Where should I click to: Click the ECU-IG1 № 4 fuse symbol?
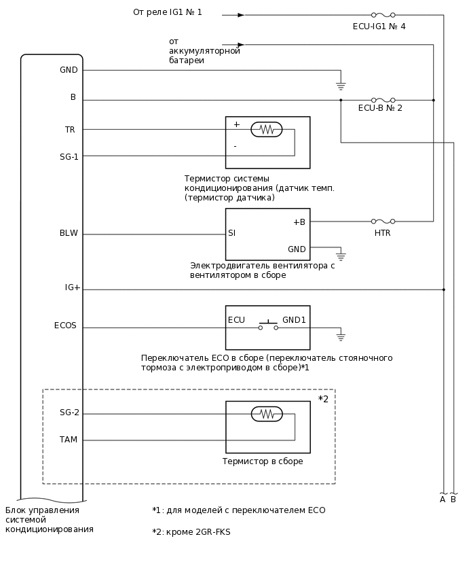(x=383, y=14)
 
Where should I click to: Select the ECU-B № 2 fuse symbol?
(x=383, y=100)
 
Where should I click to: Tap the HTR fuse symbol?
(x=383, y=221)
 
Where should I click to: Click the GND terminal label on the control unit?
(x=69, y=70)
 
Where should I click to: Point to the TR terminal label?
(x=70, y=130)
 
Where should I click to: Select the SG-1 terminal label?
(x=69, y=157)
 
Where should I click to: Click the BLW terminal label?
(x=69, y=234)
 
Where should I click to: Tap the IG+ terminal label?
(x=73, y=288)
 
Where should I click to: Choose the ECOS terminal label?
(x=65, y=326)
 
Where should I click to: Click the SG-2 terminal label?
(x=69, y=413)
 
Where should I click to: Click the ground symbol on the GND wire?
(x=341, y=86)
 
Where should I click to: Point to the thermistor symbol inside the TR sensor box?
(x=266, y=129)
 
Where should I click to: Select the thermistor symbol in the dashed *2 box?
(x=266, y=413)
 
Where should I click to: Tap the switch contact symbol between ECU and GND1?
(x=267, y=326)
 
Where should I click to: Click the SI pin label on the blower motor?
(x=232, y=233)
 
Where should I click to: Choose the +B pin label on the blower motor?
(x=299, y=222)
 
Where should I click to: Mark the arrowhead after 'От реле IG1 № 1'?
(x=241, y=14)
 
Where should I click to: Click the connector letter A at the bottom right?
(x=443, y=499)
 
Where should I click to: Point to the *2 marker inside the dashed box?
(x=323, y=399)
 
